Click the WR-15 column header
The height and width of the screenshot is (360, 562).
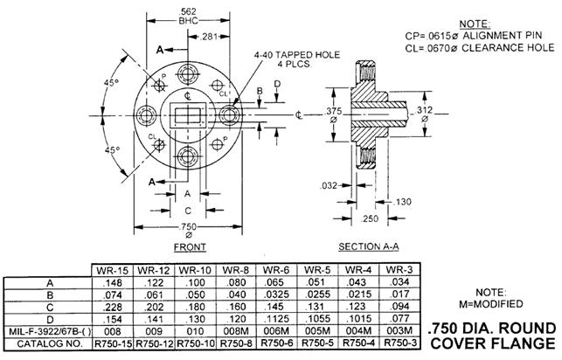pos(112,269)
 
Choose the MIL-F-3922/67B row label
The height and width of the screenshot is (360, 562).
pos(47,331)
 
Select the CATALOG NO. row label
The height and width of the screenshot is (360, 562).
pos(47,343)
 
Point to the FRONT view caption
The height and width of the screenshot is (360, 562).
pos(190,247)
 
